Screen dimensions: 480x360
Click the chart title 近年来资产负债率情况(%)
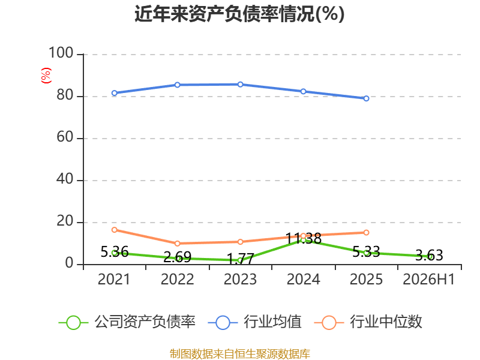pyautogui.click(x=239, y=14)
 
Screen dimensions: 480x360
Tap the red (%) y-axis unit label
pyautogui.click(x=46, y=76)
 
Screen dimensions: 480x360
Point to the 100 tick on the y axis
pyautogui.click(x=61, y=53)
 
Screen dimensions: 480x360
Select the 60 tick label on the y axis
pyautogui.click(x=65, y=137)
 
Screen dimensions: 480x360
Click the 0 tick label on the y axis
pyautogui.click(x=70, y=263)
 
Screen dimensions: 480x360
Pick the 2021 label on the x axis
pyautogui.click(x=114, y=279)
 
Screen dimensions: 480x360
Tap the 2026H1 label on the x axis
pyautogui.click(x=429, y=279)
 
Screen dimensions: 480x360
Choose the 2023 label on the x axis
pyautogui.click(x=240, y=279)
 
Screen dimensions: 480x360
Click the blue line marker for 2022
pyautogui.click(x=177, y=85)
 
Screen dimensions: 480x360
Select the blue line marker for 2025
pyautogui.click(x=366, y=98)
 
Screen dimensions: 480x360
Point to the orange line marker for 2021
pyautogui.click(x=114, y=230)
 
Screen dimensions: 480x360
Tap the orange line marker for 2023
pyautogui.click(x=241, y=242)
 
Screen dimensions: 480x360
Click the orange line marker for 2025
pyautogui.click(x=366, y=233)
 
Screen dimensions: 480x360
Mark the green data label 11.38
pyautogui.click(x=304, y=238)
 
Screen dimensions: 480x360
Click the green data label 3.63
pyautogui.click(x=429, y=255)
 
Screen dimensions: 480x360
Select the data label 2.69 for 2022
pyautogui.click(x=177, y=257)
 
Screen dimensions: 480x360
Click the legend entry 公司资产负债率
pyautogui.click(x=127, y=322)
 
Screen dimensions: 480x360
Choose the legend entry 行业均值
pyautogui.click(x=254, y=322)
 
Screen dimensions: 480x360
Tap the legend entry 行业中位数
pyautogui.click(x=368, y=322)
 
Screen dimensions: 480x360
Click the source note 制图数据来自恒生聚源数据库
pyautogui.click(x=240, y=354)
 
